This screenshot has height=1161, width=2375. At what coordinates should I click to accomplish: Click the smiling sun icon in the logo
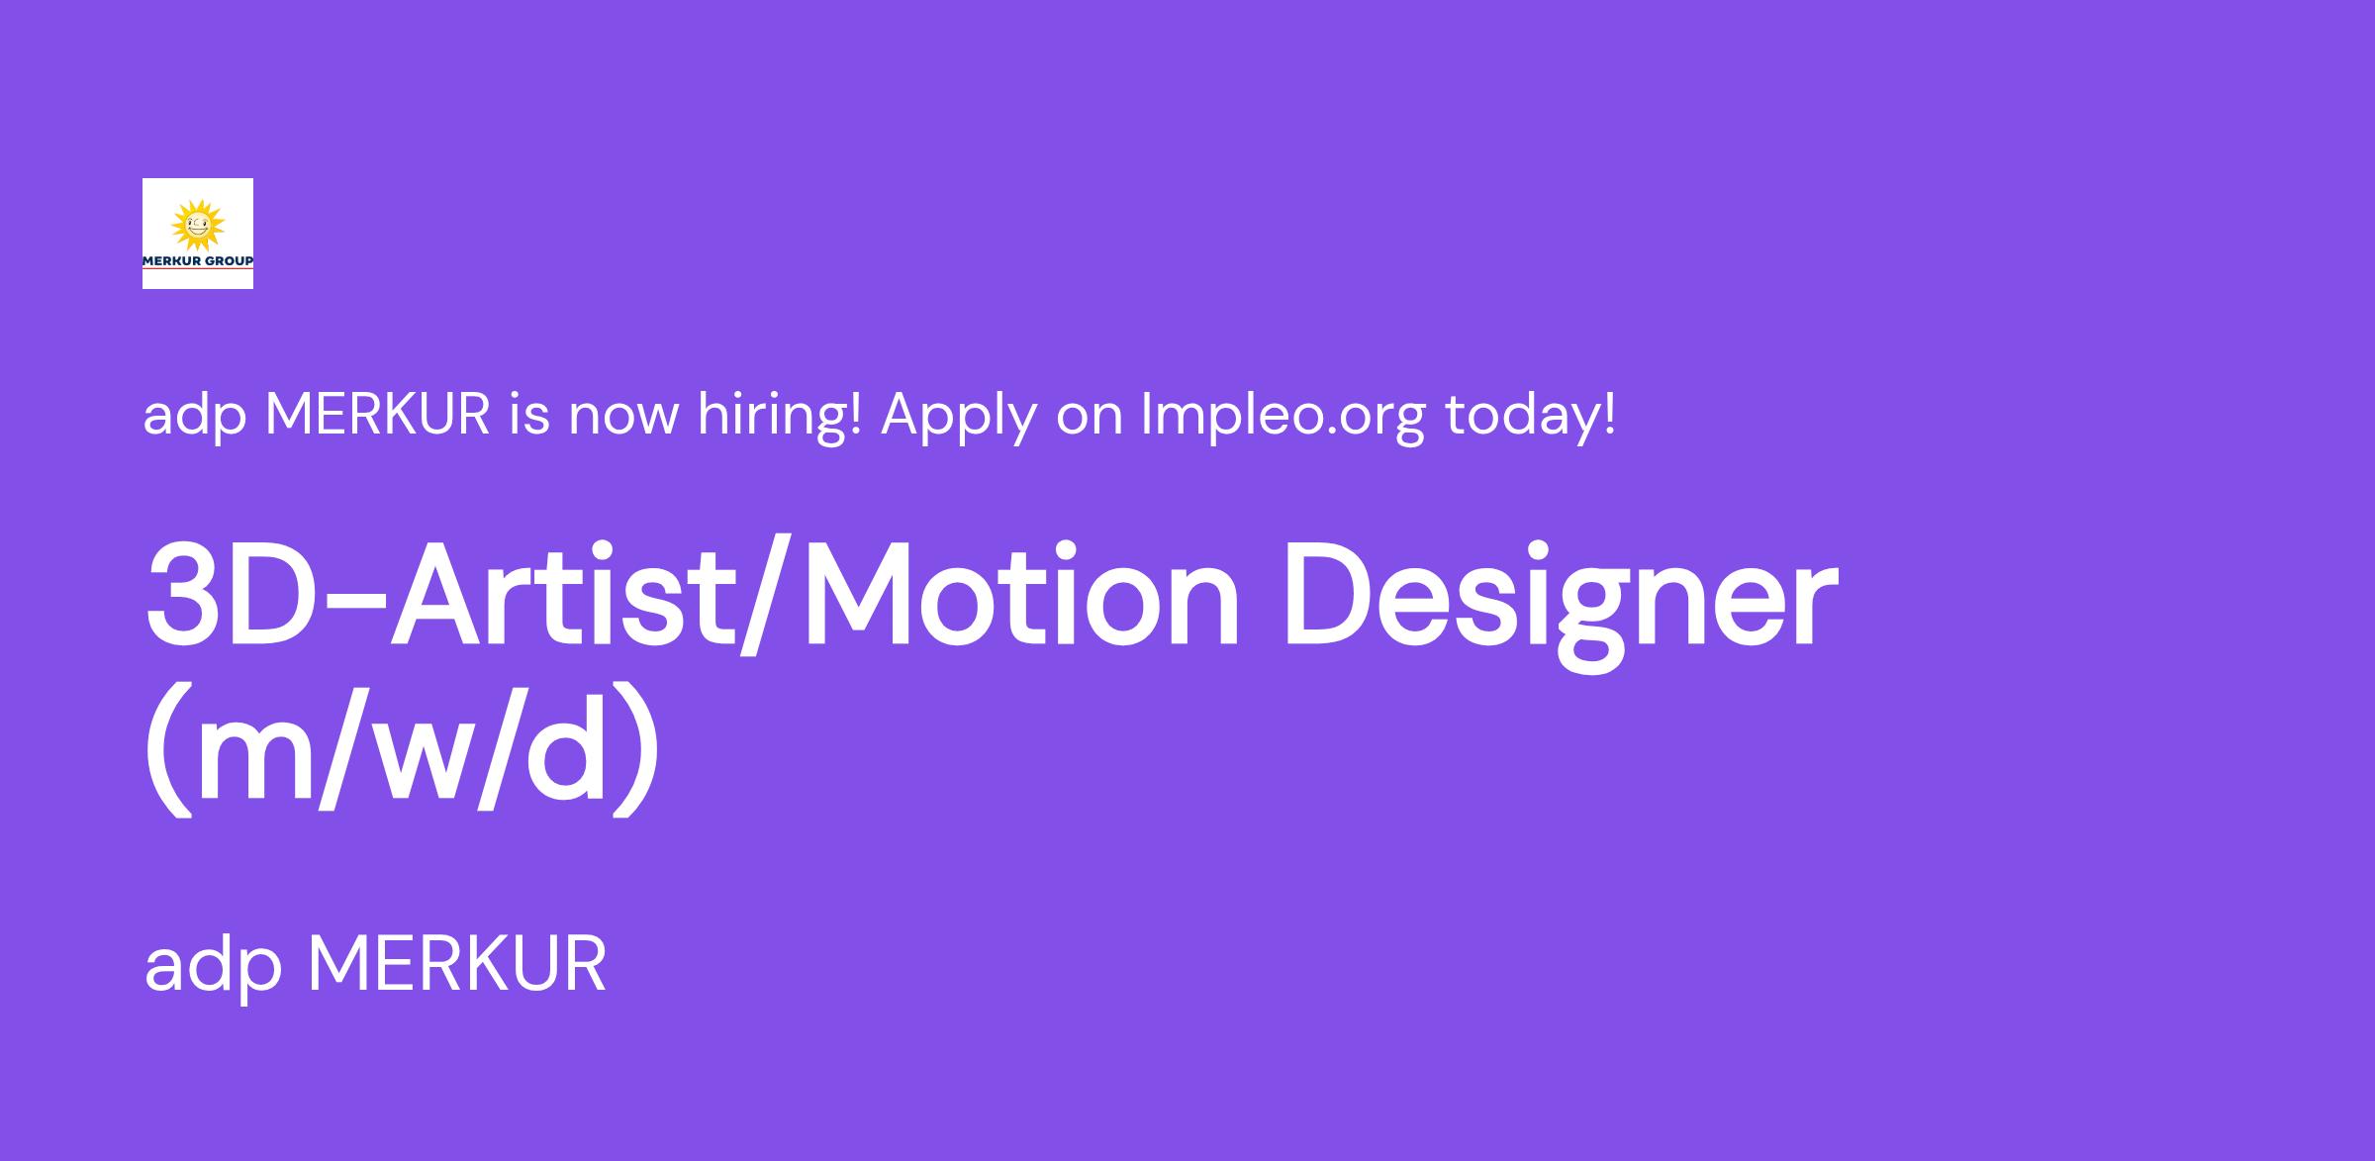(198, 226)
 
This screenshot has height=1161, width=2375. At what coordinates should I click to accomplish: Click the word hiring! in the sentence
(780, 415)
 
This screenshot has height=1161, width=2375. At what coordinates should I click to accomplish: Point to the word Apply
(959, 416)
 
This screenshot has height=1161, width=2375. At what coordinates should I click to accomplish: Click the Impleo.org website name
(1283, 416)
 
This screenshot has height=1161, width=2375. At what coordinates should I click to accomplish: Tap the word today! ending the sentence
(1530, 416)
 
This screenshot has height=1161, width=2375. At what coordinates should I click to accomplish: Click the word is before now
(529, 415)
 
